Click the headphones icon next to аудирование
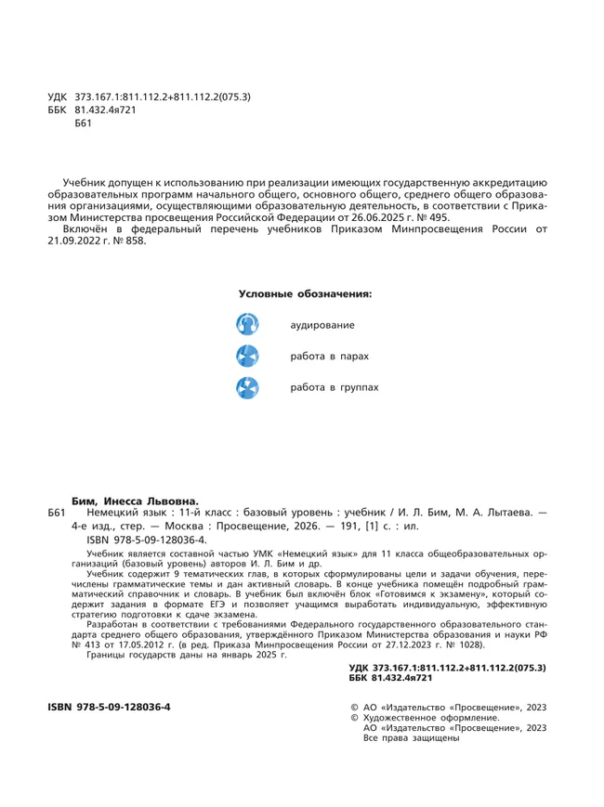pos(248,325)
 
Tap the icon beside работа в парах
pos(248,356)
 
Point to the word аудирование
pos(322,326)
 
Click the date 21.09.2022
pos(73,241)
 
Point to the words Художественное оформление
pos(430,718)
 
